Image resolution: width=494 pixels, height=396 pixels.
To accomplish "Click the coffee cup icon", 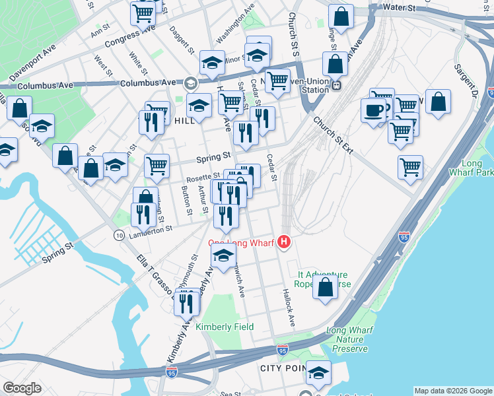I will click(x=374, y=110).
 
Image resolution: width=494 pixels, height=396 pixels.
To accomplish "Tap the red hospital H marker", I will click(x=285, y=243).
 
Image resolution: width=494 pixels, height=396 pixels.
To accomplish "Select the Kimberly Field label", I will click(x=225, y=327).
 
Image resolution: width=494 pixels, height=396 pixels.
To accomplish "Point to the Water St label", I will click(x=401, y=9).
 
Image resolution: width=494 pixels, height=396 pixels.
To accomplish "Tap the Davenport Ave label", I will click(x=32, y=59).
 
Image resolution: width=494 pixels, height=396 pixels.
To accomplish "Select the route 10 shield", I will click(x=119, y=235).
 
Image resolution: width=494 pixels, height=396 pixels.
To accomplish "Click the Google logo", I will click(x=22, y=388).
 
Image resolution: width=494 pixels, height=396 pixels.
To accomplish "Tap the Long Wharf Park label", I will click(x=476, y=168).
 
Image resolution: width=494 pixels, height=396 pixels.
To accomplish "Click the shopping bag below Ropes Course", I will click(x=325, y=288).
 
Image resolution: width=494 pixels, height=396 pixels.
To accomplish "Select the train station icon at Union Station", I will click(x=336, y=84).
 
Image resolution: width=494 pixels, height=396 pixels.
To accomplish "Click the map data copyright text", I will click(x=453, y=391).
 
